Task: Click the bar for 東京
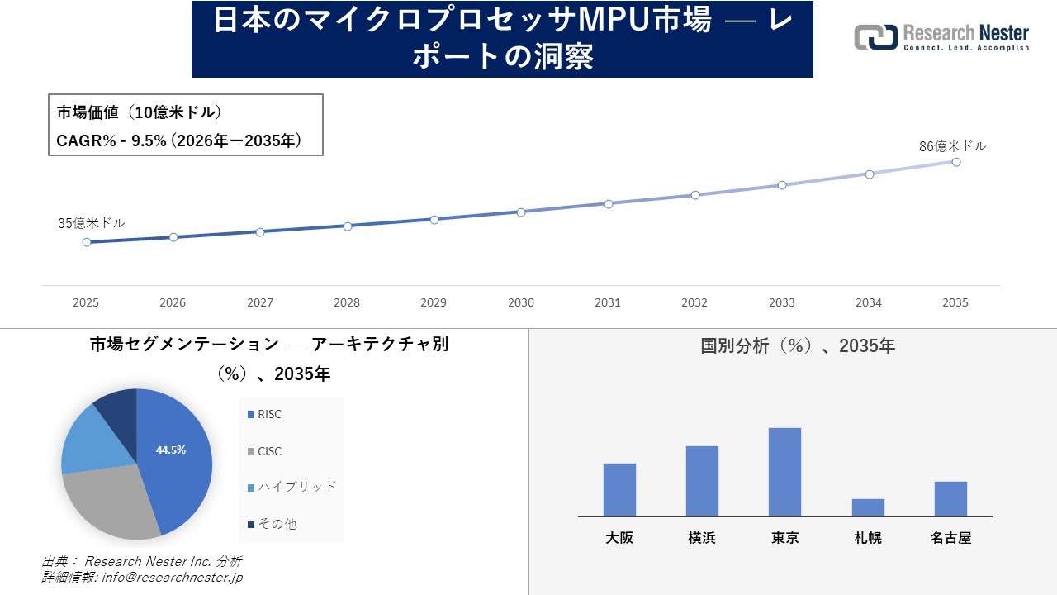[x=784, y=472]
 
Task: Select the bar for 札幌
[x=868, y=507]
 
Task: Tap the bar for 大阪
[x=619, y=489]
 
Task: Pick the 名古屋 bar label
[x=950, y=538]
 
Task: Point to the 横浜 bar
[x=702, y=481]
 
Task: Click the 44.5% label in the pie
[x=171, y=450]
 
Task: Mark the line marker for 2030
[x=521, y=212]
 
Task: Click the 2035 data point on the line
[x=955, y=162]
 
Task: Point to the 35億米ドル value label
[x=92, y=223]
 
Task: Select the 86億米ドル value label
[x=952, y=146]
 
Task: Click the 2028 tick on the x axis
[x=347, y=302]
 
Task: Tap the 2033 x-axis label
[x=781, y=302]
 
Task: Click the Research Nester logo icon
[x=875, y=37]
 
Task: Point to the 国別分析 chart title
[x=797, y=346]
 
